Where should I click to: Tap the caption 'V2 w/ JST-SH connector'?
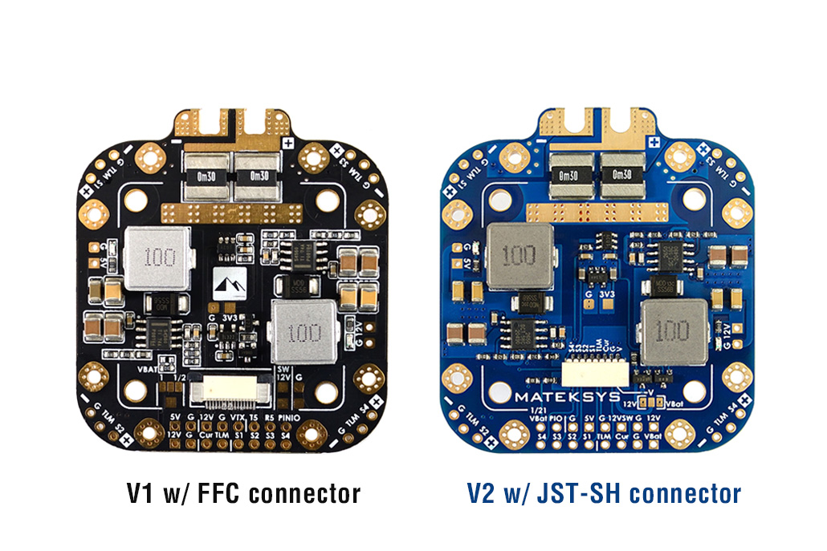pyautogui.click(x=604, y=492)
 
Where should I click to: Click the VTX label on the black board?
pyautogui.click(x=237, y=418)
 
